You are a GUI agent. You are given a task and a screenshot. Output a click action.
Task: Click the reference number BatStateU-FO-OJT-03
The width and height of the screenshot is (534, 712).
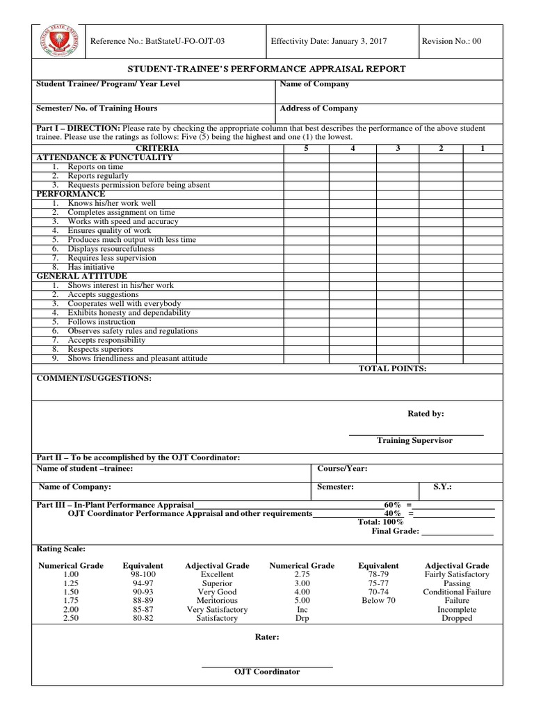[158, 42]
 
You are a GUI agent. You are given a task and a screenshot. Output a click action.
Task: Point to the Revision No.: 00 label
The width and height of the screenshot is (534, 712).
[451, 42]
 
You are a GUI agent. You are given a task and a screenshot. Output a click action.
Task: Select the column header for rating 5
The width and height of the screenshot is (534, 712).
[306, 149]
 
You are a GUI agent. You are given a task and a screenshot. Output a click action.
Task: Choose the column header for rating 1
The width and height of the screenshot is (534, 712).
[483, 149]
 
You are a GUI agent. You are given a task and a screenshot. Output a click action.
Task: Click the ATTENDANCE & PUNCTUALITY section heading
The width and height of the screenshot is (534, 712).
[104, 158]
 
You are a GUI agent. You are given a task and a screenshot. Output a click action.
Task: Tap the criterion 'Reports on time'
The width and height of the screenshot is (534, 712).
[95, 167]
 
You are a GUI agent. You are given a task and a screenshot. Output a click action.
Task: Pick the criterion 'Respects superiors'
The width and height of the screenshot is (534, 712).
[100, 349]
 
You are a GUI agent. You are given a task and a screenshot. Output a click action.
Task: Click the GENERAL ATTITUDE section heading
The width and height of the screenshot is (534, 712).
[81, 276]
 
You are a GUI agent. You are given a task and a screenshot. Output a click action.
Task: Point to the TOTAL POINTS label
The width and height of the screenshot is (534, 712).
[392, 369]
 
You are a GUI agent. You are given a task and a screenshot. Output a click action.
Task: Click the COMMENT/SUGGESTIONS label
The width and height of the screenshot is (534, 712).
[93, 378]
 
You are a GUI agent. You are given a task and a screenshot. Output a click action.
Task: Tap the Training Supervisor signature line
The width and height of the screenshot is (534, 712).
[415, 435]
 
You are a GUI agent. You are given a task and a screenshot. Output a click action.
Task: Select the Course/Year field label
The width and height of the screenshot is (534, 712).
[342, 469]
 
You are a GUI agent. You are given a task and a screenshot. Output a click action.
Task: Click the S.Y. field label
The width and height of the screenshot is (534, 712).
[443, 487]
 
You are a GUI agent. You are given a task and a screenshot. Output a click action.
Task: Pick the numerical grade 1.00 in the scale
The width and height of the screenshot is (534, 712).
[71, 575]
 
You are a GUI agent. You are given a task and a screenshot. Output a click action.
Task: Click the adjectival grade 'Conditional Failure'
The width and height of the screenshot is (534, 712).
[457, 592]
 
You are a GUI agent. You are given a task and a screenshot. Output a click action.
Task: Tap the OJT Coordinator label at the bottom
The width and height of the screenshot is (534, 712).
[267, 672]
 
